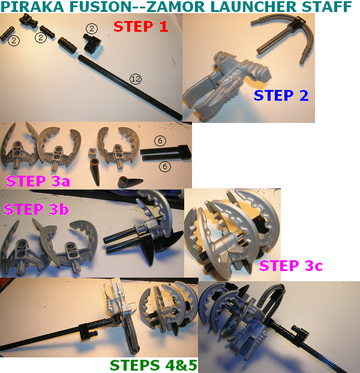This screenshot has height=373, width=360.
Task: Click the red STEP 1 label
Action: (141, 26)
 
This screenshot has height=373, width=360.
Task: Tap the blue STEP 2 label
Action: (281, 95)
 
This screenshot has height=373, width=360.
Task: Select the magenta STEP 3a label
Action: (38, 181)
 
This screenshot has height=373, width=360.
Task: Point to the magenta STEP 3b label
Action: (36, 209)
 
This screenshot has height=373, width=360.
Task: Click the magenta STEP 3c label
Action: (291, 266)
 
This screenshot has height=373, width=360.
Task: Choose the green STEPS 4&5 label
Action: (154, 365)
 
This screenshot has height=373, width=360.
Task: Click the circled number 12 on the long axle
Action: (136, 79)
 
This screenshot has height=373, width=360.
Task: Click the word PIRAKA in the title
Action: (32, 7)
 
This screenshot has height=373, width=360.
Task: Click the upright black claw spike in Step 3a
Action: (95, 172)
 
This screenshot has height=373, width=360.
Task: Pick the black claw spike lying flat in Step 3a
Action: (130, 182)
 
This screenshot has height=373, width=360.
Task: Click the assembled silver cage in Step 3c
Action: (232, 234)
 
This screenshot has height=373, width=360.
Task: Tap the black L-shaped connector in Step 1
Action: (92, 43)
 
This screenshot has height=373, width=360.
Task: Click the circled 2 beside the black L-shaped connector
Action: (92, 29)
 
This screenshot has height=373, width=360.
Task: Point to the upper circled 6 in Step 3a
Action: (160, 140)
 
